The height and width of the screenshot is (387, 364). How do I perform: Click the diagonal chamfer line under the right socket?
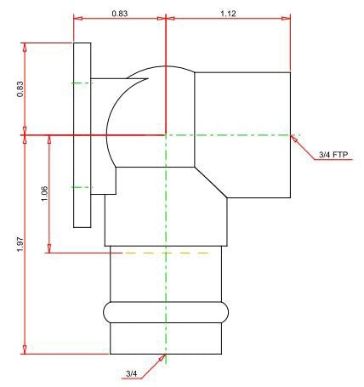[x=213, y=180]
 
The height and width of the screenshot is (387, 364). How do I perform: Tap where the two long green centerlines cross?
[x=165, y=134]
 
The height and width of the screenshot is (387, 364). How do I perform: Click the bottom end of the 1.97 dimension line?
[x=26, y=353]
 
